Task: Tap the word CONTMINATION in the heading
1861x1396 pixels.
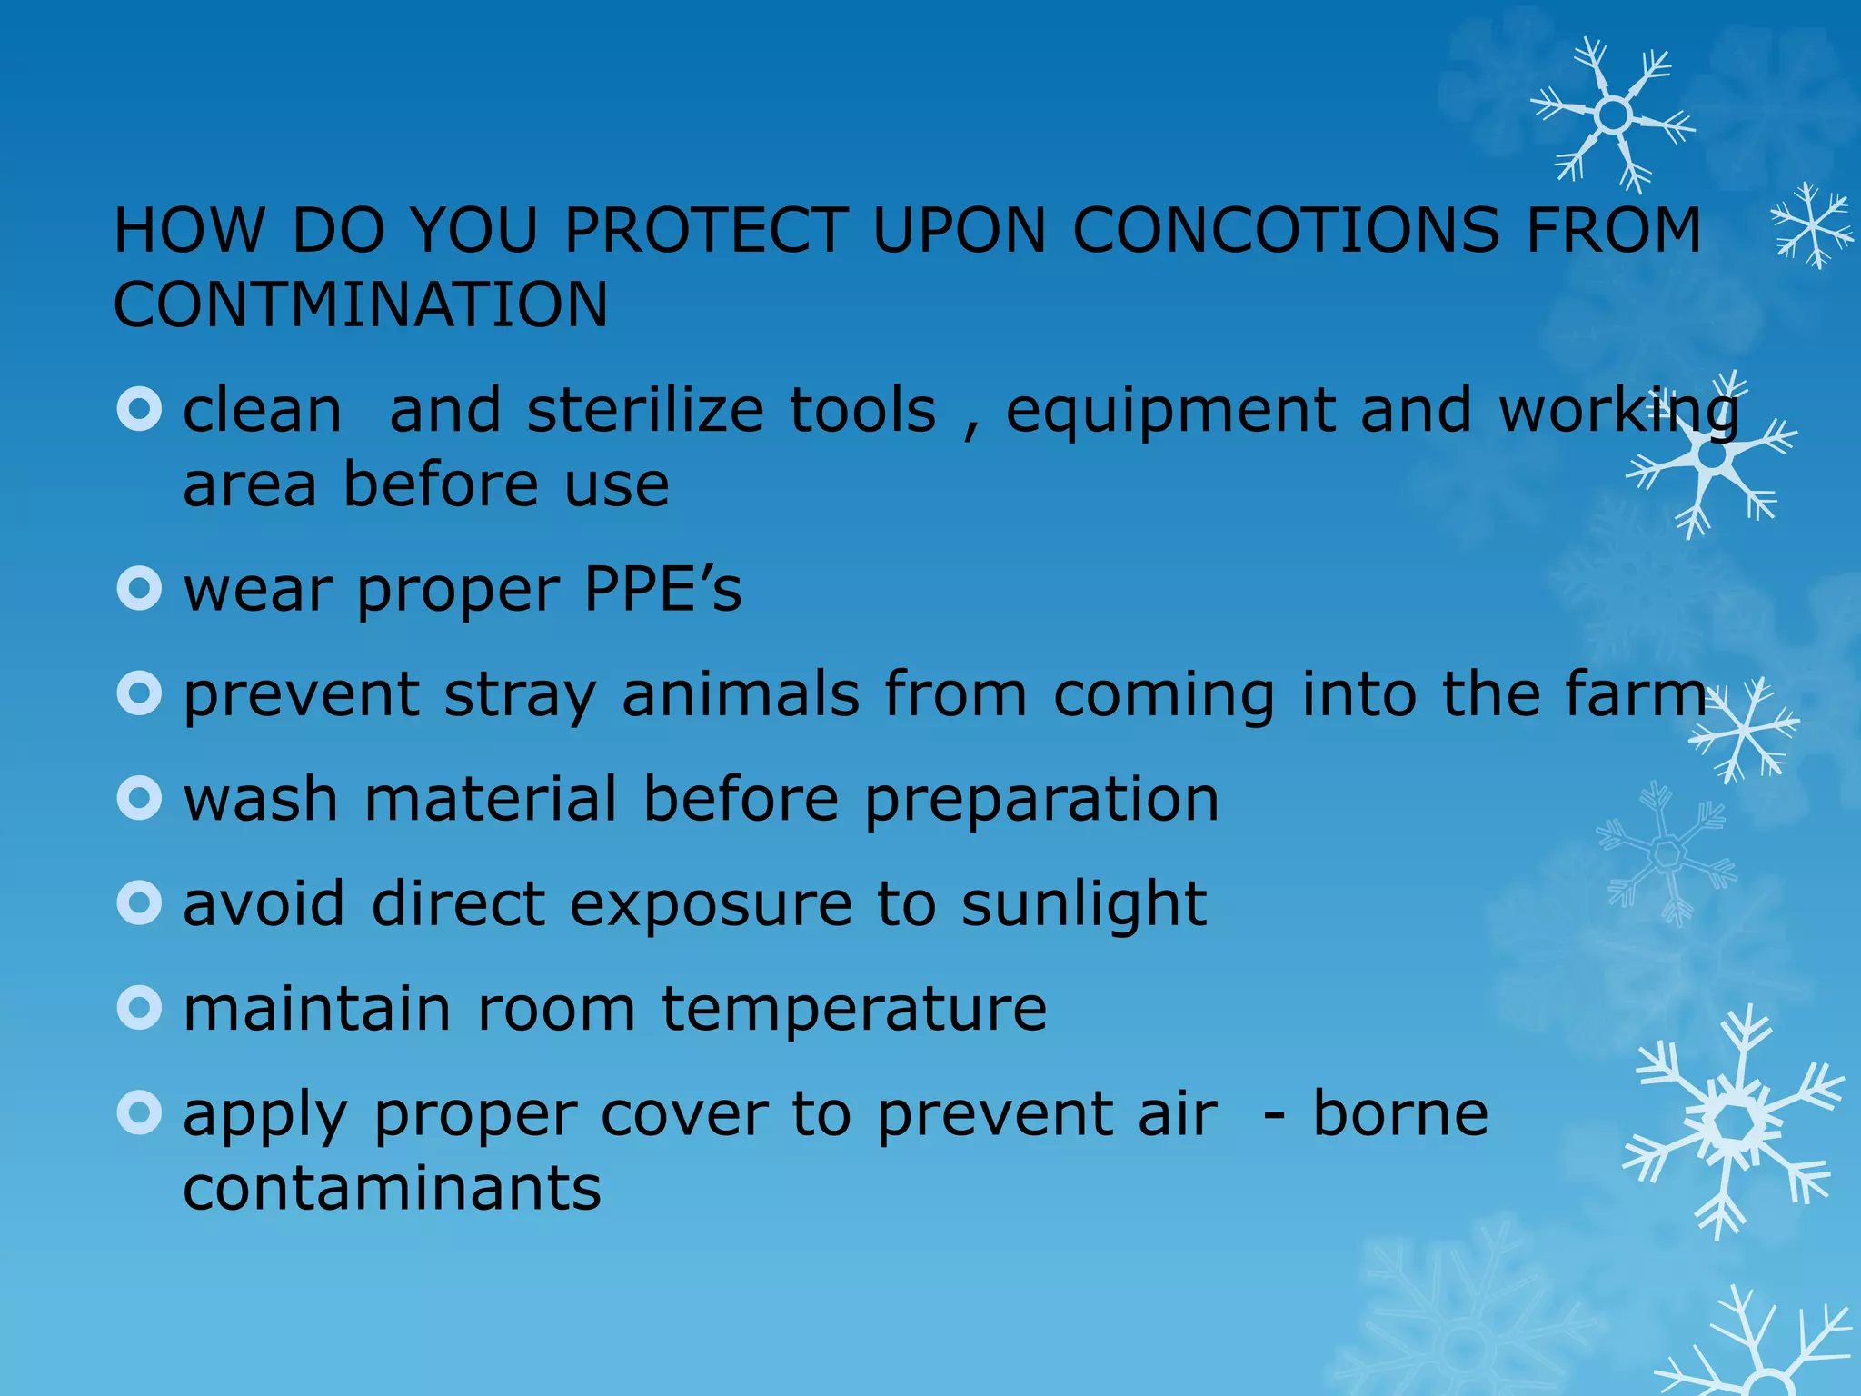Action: pos(361,304)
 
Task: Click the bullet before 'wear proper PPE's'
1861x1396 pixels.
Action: pos(139,589)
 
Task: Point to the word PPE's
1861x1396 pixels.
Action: pos(662,589)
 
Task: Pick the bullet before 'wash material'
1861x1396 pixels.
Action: pos(139,798)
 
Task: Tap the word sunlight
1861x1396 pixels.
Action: pos(1084,906)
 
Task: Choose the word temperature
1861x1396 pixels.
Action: pos(854,1011)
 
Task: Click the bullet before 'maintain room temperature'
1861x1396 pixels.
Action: pos(139,1007)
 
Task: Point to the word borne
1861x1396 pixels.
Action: pos(1400,1114)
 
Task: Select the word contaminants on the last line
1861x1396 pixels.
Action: pos(392,1189)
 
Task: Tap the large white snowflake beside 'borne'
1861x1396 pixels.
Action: pos(1733,1123)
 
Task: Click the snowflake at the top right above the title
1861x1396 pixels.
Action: pos(1612,115)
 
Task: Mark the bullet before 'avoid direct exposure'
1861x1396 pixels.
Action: pos(139,902)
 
